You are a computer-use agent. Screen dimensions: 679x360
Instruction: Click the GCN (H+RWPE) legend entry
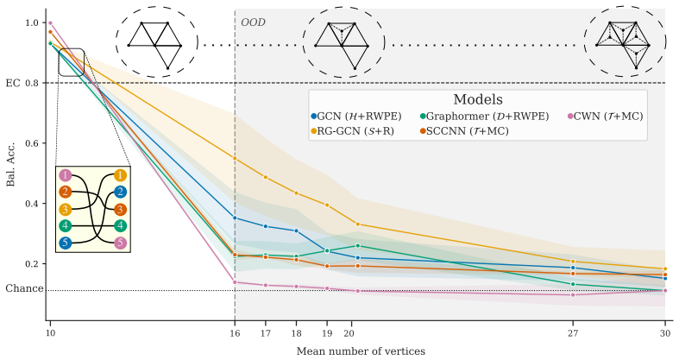point(356,116)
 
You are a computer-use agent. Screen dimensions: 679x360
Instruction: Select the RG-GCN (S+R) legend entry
point(353,131)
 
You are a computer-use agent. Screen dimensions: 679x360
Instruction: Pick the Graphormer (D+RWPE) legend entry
point(485,116)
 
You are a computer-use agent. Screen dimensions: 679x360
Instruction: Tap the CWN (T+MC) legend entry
point(606,116)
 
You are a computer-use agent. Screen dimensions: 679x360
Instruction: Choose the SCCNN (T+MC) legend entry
point(464,131)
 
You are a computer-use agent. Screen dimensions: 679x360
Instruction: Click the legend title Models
point(478,99)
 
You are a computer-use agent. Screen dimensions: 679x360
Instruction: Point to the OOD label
point(253,22)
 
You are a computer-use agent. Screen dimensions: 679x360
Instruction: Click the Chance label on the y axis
point(24,288)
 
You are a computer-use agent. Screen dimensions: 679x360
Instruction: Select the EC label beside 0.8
point(13,83)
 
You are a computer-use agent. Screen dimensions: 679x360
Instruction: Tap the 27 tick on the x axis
point(573,333)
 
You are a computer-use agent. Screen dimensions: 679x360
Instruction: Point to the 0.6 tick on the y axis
point(33,143)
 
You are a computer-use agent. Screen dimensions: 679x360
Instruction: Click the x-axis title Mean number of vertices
point(361,351)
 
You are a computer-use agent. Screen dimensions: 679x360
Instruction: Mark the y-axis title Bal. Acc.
point(10,164)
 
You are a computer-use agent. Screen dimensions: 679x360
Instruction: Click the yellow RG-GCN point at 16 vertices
point(235,159)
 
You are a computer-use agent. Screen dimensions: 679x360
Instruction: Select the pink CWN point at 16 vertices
point(235,282)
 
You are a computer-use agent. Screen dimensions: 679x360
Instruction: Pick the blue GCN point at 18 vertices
point(296,231)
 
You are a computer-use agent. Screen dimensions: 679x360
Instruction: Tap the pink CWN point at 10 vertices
point(50,23)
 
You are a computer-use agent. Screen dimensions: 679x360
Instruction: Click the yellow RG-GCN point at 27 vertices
point(573,262)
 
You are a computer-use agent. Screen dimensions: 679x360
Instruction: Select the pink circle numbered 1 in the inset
point(65,175)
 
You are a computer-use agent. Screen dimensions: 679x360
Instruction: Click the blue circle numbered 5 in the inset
point(65,243)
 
